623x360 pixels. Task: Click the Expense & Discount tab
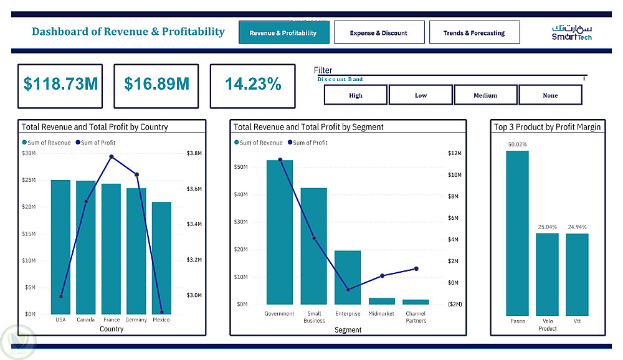pyautogui.click(x=379, y=33)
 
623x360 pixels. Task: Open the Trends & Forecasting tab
pyautogui.click(x=474, y=33)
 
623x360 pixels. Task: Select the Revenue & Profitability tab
pyautogui.click(x=283, y=33)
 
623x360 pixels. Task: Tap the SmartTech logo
pyautogui.click(x=572, y=32)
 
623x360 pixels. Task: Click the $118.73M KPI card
pyautogui.click(x=61, y=85)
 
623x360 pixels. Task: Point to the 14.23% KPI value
pyautogui.click(x=253, y=85)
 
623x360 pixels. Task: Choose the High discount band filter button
pyautogui.click(x=356, y=95)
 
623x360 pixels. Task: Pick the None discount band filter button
pyautogui.click(x=550, y=95)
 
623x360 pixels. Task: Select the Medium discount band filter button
pyautogui.click(x=485, y=95)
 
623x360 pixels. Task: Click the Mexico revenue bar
pyautogui.click(x=161, y=258)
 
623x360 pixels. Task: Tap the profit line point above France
pyautogui.click(x=112, y=157)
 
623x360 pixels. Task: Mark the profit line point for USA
pyautogui.click(x=60, y=296)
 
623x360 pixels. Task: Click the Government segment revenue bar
pyautogui.click(x=280, y=232)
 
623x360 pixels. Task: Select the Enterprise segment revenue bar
pyautogui.click(x=348, y=277)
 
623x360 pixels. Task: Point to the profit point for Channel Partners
pyautogui.click(x=416, y=269)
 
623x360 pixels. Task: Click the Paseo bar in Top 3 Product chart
pyautogui.click(x=517, y=234)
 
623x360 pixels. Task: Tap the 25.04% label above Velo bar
pyautogui.click(x=548, y=227)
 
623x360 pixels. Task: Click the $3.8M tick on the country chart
pyautogui.click(x=194, y=153)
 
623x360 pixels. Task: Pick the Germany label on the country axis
pyautogui.click(x=136, y=320)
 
